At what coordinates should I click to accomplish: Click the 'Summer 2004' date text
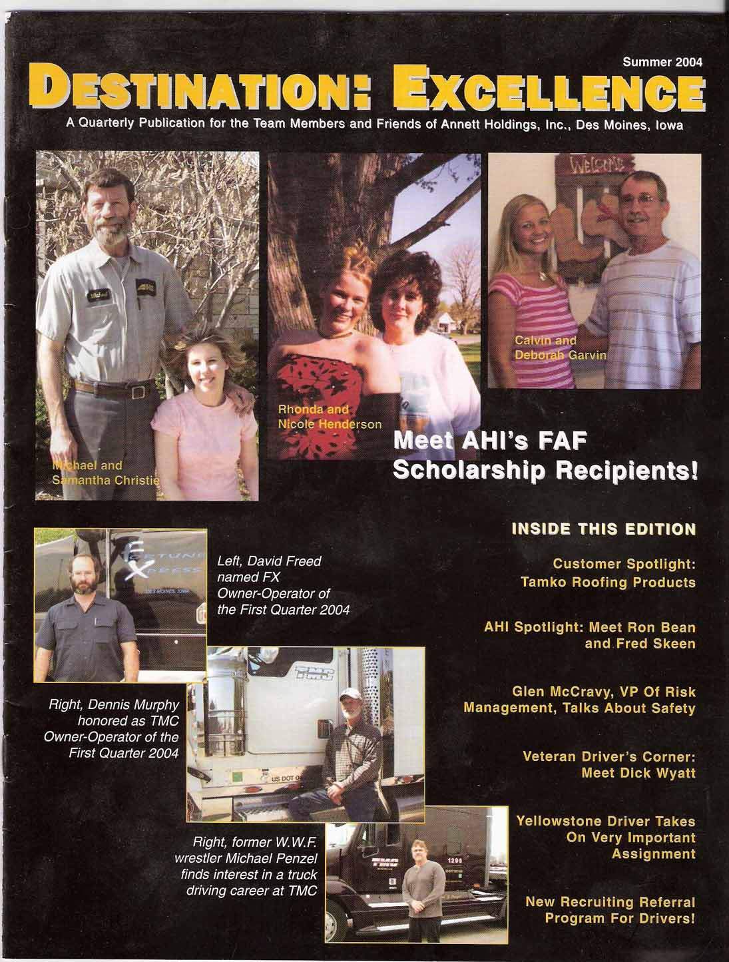click(662, 63)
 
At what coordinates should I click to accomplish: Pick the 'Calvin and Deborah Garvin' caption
click(560, 348)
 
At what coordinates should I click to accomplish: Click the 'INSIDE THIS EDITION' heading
click(603, 529)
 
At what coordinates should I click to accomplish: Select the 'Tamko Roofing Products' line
click(608, 583)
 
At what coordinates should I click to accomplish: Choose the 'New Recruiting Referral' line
click(610, 902)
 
